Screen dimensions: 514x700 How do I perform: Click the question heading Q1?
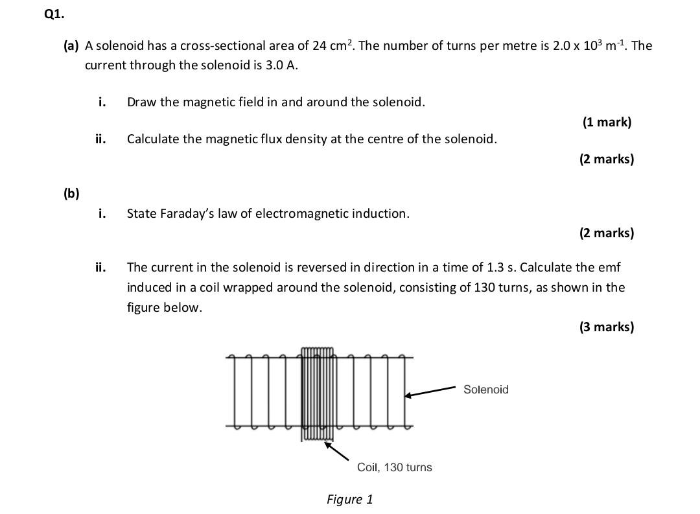click(x=54, y=14)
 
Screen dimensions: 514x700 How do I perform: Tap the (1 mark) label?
click(x=606, y=122)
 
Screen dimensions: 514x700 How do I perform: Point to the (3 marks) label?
click(x=606, y=327)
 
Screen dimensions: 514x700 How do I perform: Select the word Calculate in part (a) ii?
click(x=153, y=139)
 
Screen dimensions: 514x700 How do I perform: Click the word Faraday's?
click(x=186, y=213)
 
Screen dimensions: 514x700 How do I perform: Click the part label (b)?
click(x=71, y=193)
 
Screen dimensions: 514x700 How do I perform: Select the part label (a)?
click(x=71, y=45)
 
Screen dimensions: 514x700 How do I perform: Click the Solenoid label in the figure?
click(x=486, y=390)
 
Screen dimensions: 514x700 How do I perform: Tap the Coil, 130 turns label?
click(x=394, y=467)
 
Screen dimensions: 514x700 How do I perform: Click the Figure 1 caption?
click(x=350, y=499)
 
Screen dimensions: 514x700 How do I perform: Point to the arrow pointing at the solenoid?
click(x=432, y=391)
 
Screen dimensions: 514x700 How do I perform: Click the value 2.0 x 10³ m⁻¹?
click(x=590, y=45)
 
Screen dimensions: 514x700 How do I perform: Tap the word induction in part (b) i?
click(x=380, y=213)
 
